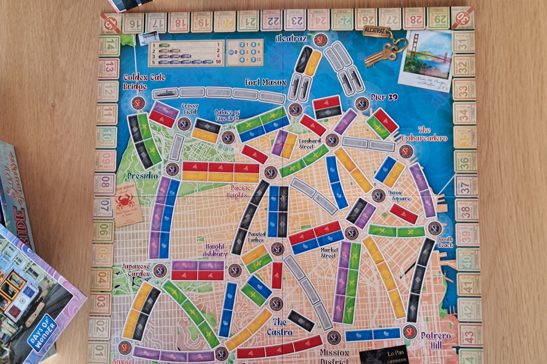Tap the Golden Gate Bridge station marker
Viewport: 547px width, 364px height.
click(138, 103)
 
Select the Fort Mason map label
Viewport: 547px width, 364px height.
click(266, 82)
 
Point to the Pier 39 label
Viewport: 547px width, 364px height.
click(384, 97)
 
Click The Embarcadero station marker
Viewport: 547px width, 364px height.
click(406, 151)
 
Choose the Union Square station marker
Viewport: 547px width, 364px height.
click(379, 196)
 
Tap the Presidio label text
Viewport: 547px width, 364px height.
click(142, 176)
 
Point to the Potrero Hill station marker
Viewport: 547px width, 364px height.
click(410, 332)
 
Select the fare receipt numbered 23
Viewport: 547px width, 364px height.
click(295, 20)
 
